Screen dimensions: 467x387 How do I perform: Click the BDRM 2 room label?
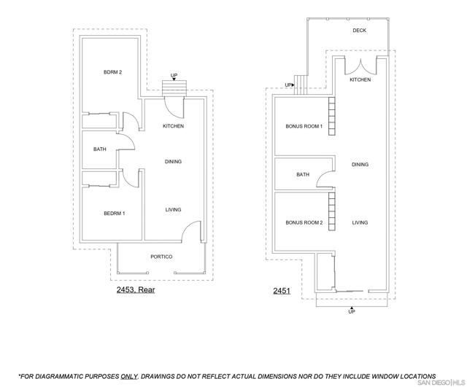[112, 72]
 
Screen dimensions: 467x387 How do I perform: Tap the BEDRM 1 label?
[115, 214]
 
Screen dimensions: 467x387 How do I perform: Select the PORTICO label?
[161, 257]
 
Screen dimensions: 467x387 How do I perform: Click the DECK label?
[360, 31]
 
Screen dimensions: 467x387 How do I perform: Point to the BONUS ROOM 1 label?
[304, 126]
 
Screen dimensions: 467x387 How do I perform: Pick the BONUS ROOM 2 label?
[304, 222]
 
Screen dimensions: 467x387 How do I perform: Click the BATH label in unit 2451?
[303, 174]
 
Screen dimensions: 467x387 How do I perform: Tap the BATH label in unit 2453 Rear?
[100, 149]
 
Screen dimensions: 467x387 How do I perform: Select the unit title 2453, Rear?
[136, 289]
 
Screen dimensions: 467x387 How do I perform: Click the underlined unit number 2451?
[282, 291]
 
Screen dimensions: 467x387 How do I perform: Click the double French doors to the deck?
[361, 67]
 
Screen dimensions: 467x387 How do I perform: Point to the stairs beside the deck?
[301, 85]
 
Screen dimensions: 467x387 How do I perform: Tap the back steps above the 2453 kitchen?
[174, 88]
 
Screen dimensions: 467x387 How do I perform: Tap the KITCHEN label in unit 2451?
[360, 79]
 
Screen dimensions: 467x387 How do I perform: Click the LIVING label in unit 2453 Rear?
[173, 210]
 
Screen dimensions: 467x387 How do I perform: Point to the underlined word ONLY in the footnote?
[129, 376]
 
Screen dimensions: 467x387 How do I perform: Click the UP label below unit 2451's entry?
[352, 312]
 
